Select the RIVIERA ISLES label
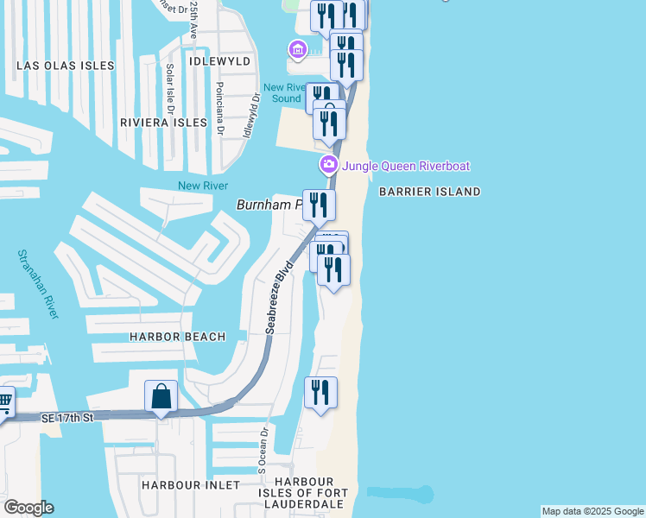[163, 123]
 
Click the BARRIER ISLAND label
[429, 192]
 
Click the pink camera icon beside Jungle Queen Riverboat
[329, 165]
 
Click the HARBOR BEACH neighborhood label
[177, 337]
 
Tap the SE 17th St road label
[66, 418]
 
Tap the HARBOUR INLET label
[190, 485]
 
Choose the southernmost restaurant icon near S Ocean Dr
[321, 393]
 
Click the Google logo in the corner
[28, 508]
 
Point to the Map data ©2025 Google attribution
[592, 511]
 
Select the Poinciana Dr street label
[220, 109]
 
